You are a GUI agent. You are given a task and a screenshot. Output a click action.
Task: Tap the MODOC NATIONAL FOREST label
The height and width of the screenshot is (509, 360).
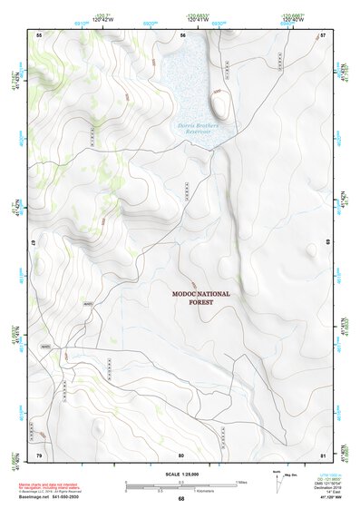201,299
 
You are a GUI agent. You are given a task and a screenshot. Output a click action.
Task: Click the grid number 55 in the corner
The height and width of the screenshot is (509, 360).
39,34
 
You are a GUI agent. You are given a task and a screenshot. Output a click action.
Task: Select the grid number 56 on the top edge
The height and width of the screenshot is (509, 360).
182,34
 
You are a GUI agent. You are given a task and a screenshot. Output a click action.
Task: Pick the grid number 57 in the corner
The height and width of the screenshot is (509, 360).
323,34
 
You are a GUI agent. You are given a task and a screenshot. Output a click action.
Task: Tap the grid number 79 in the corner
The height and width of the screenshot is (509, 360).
39,454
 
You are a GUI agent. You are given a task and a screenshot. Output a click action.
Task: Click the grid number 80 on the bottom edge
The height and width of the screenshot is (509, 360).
181,454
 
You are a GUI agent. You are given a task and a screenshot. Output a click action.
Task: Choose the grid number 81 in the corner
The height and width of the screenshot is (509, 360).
323,454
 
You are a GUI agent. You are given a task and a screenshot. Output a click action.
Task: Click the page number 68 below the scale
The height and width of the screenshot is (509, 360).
181,498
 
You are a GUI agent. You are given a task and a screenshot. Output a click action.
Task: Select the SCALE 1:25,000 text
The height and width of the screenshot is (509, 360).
181,474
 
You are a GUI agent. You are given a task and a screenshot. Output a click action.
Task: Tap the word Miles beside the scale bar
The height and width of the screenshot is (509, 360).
242,481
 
